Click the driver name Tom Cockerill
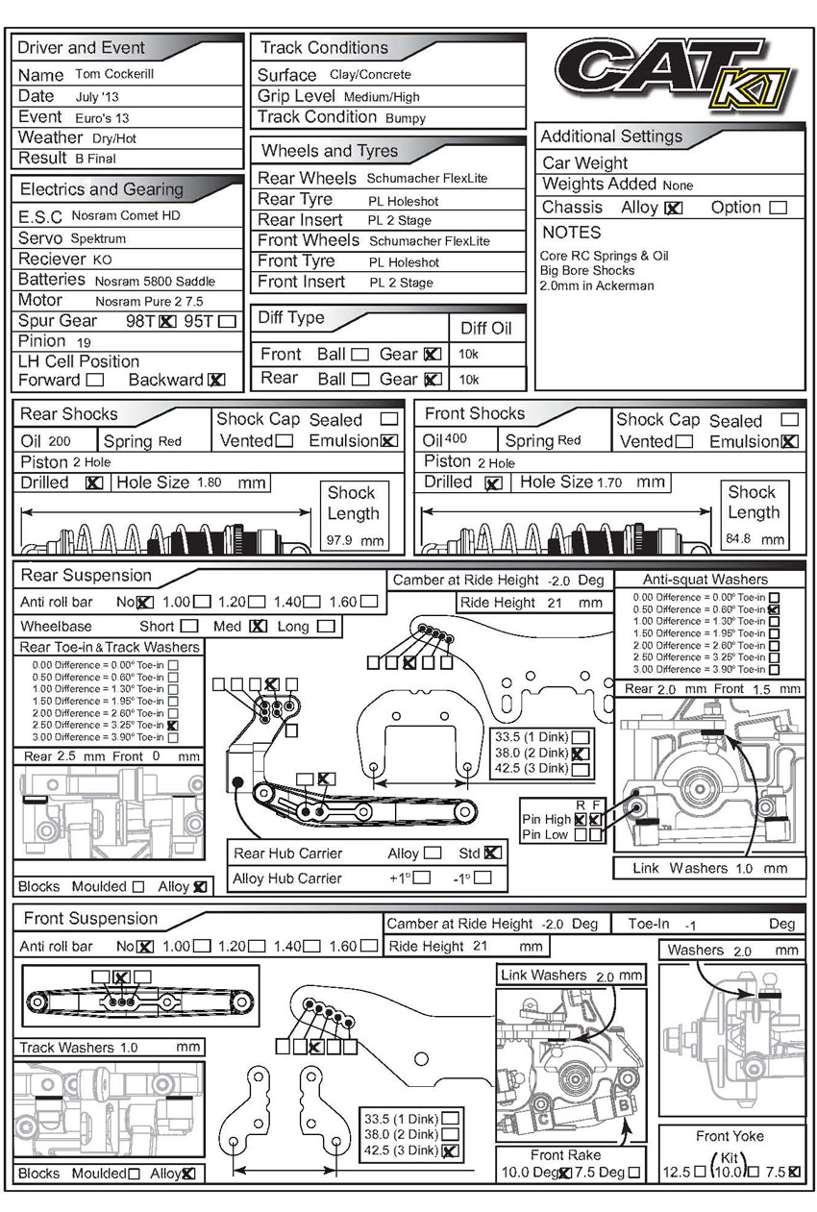pyautogui.click(x=113, y=74)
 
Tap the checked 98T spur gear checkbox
pyautogui.click(x=167, y=321)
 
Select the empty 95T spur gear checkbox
pyautogui.click(x=227, y=321)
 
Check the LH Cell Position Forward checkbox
pyautogui.click(x=94, y=380)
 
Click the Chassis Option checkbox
pyautogui.click(x=778, y=208)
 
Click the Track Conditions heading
pyautogui.click(x=324, y=48)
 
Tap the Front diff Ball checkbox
pyautogui.click(x=359, y=355)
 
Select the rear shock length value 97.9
pyautogui.click(x=341, y=540)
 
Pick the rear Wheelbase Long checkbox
pyautogui.click(x=326, y=627)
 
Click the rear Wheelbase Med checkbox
pyautogui.click(x=257, y=627)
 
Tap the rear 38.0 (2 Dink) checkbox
pyautogui.click(x=580, y=754)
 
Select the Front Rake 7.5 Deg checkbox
pyautogui.click(x=634, y=1173)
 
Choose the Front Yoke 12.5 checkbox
pyautogui.click(x=700, y=1173)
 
